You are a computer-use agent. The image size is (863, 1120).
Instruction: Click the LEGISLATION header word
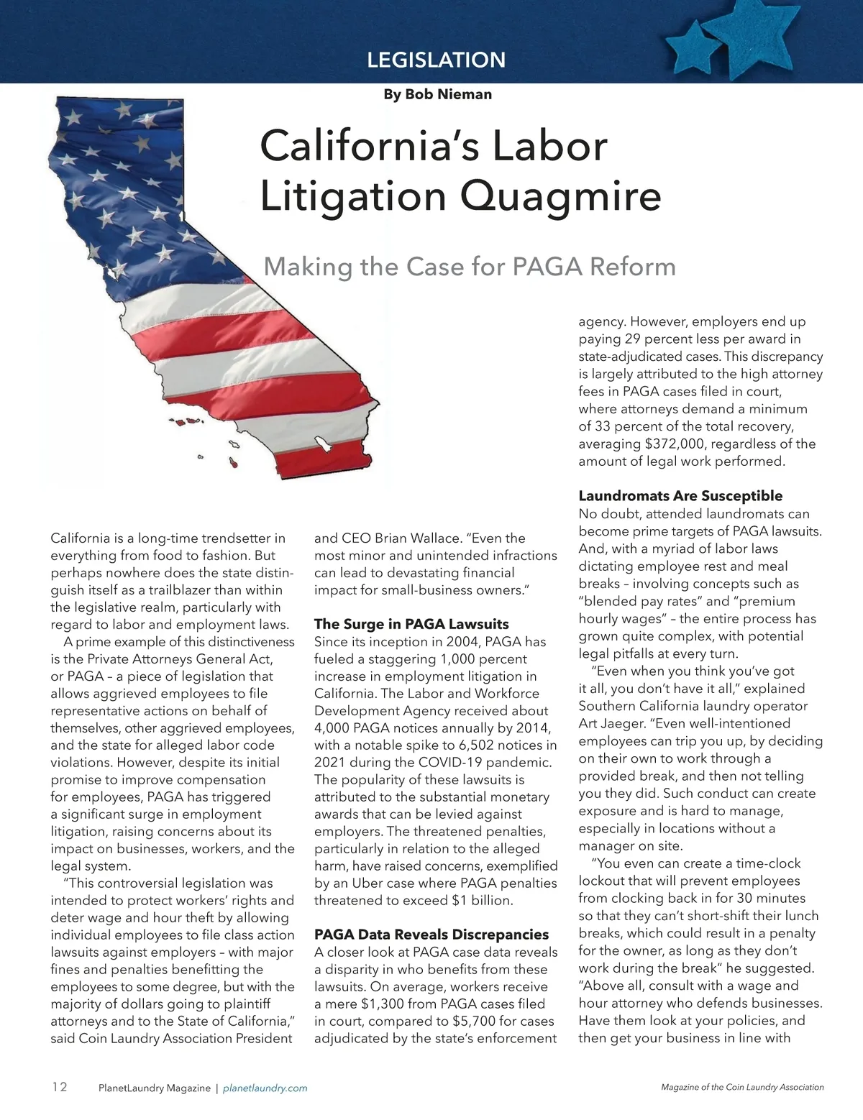(x=436, y=60)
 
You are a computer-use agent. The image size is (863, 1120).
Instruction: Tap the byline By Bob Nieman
(x=437, y=94)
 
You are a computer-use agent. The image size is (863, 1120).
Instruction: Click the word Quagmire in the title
(x=560, y=196)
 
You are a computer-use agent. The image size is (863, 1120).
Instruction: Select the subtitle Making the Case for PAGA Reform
(x=470, y=267)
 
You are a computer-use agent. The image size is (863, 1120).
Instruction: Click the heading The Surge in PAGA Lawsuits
(x=411, y=624)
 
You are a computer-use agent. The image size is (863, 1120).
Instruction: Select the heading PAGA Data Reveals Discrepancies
(x=431, y=935)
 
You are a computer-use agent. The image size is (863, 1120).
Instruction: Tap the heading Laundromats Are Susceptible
(x=680, y=496)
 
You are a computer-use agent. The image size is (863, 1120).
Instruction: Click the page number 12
(x=59, y=1087)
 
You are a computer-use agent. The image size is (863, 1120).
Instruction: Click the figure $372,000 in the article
(x=661, y=444)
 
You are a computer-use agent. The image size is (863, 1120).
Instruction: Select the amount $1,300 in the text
(x=385, y=1004)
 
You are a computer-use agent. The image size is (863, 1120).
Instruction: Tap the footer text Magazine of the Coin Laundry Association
(x=742, y=1088)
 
